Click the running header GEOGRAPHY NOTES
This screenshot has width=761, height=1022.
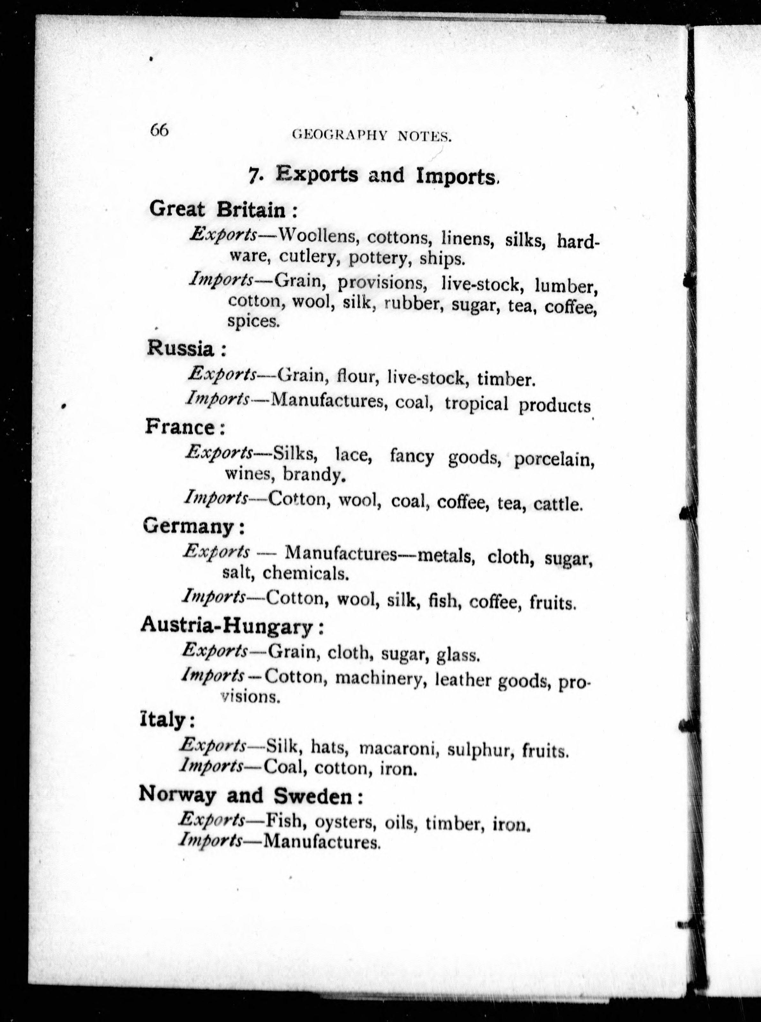coord(371,135)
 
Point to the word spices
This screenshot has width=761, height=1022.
coord(253,321)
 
